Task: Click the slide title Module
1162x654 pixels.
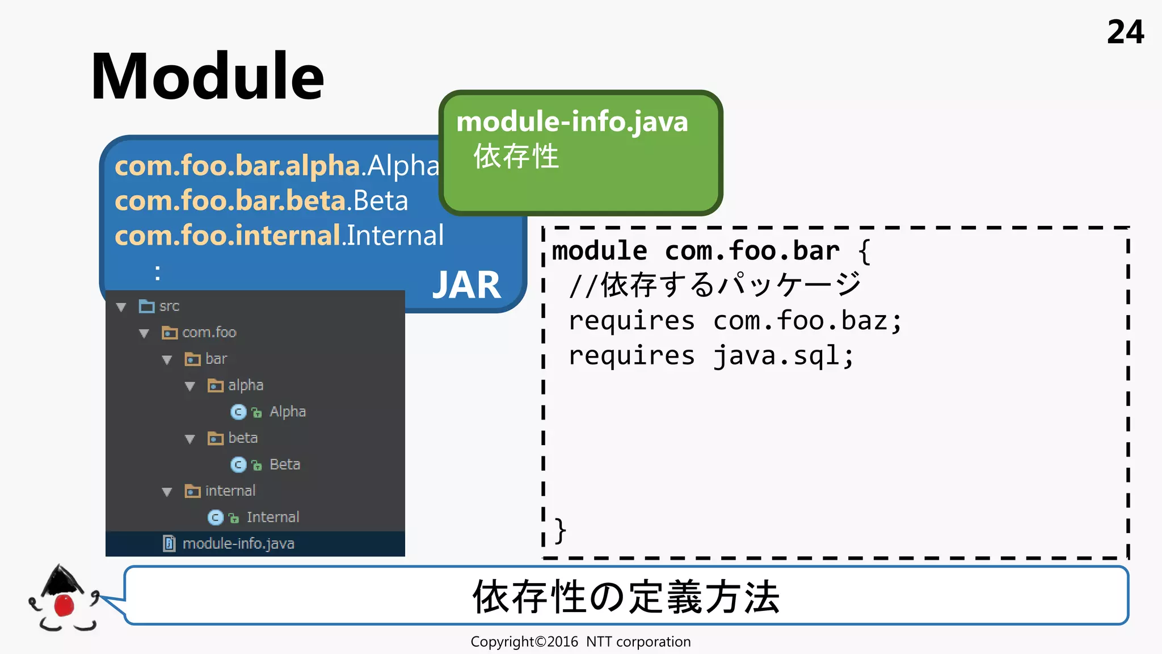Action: coord(207,77)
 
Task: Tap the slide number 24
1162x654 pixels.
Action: coord(1125,32)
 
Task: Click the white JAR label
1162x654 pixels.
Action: coord(466,285)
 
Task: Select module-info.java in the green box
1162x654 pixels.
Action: coord(572,122)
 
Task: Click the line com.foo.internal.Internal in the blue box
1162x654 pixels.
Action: coord(279,236)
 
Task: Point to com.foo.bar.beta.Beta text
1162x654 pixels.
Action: coord(261,201)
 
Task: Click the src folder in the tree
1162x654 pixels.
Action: coord(169,307)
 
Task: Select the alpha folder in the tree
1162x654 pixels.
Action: coord(245,385)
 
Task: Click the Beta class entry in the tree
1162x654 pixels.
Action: coord(284,464)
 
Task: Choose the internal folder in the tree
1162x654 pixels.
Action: coord(230,491)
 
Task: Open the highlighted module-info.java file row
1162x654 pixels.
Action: coord(238,544)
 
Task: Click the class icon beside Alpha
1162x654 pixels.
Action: coord(238,412)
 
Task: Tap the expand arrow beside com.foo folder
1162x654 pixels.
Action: coord(144,333)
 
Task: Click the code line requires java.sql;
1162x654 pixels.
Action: coord(711,357)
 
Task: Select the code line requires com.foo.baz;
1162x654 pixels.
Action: coord(735,321)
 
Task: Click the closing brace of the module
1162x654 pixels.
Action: coord(560,531)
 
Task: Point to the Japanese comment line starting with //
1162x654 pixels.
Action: coord(715,285)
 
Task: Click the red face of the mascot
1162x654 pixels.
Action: coord(64,605)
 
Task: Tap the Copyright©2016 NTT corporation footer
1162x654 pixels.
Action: coord(580,642)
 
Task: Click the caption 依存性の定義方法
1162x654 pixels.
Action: coord(626,597)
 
